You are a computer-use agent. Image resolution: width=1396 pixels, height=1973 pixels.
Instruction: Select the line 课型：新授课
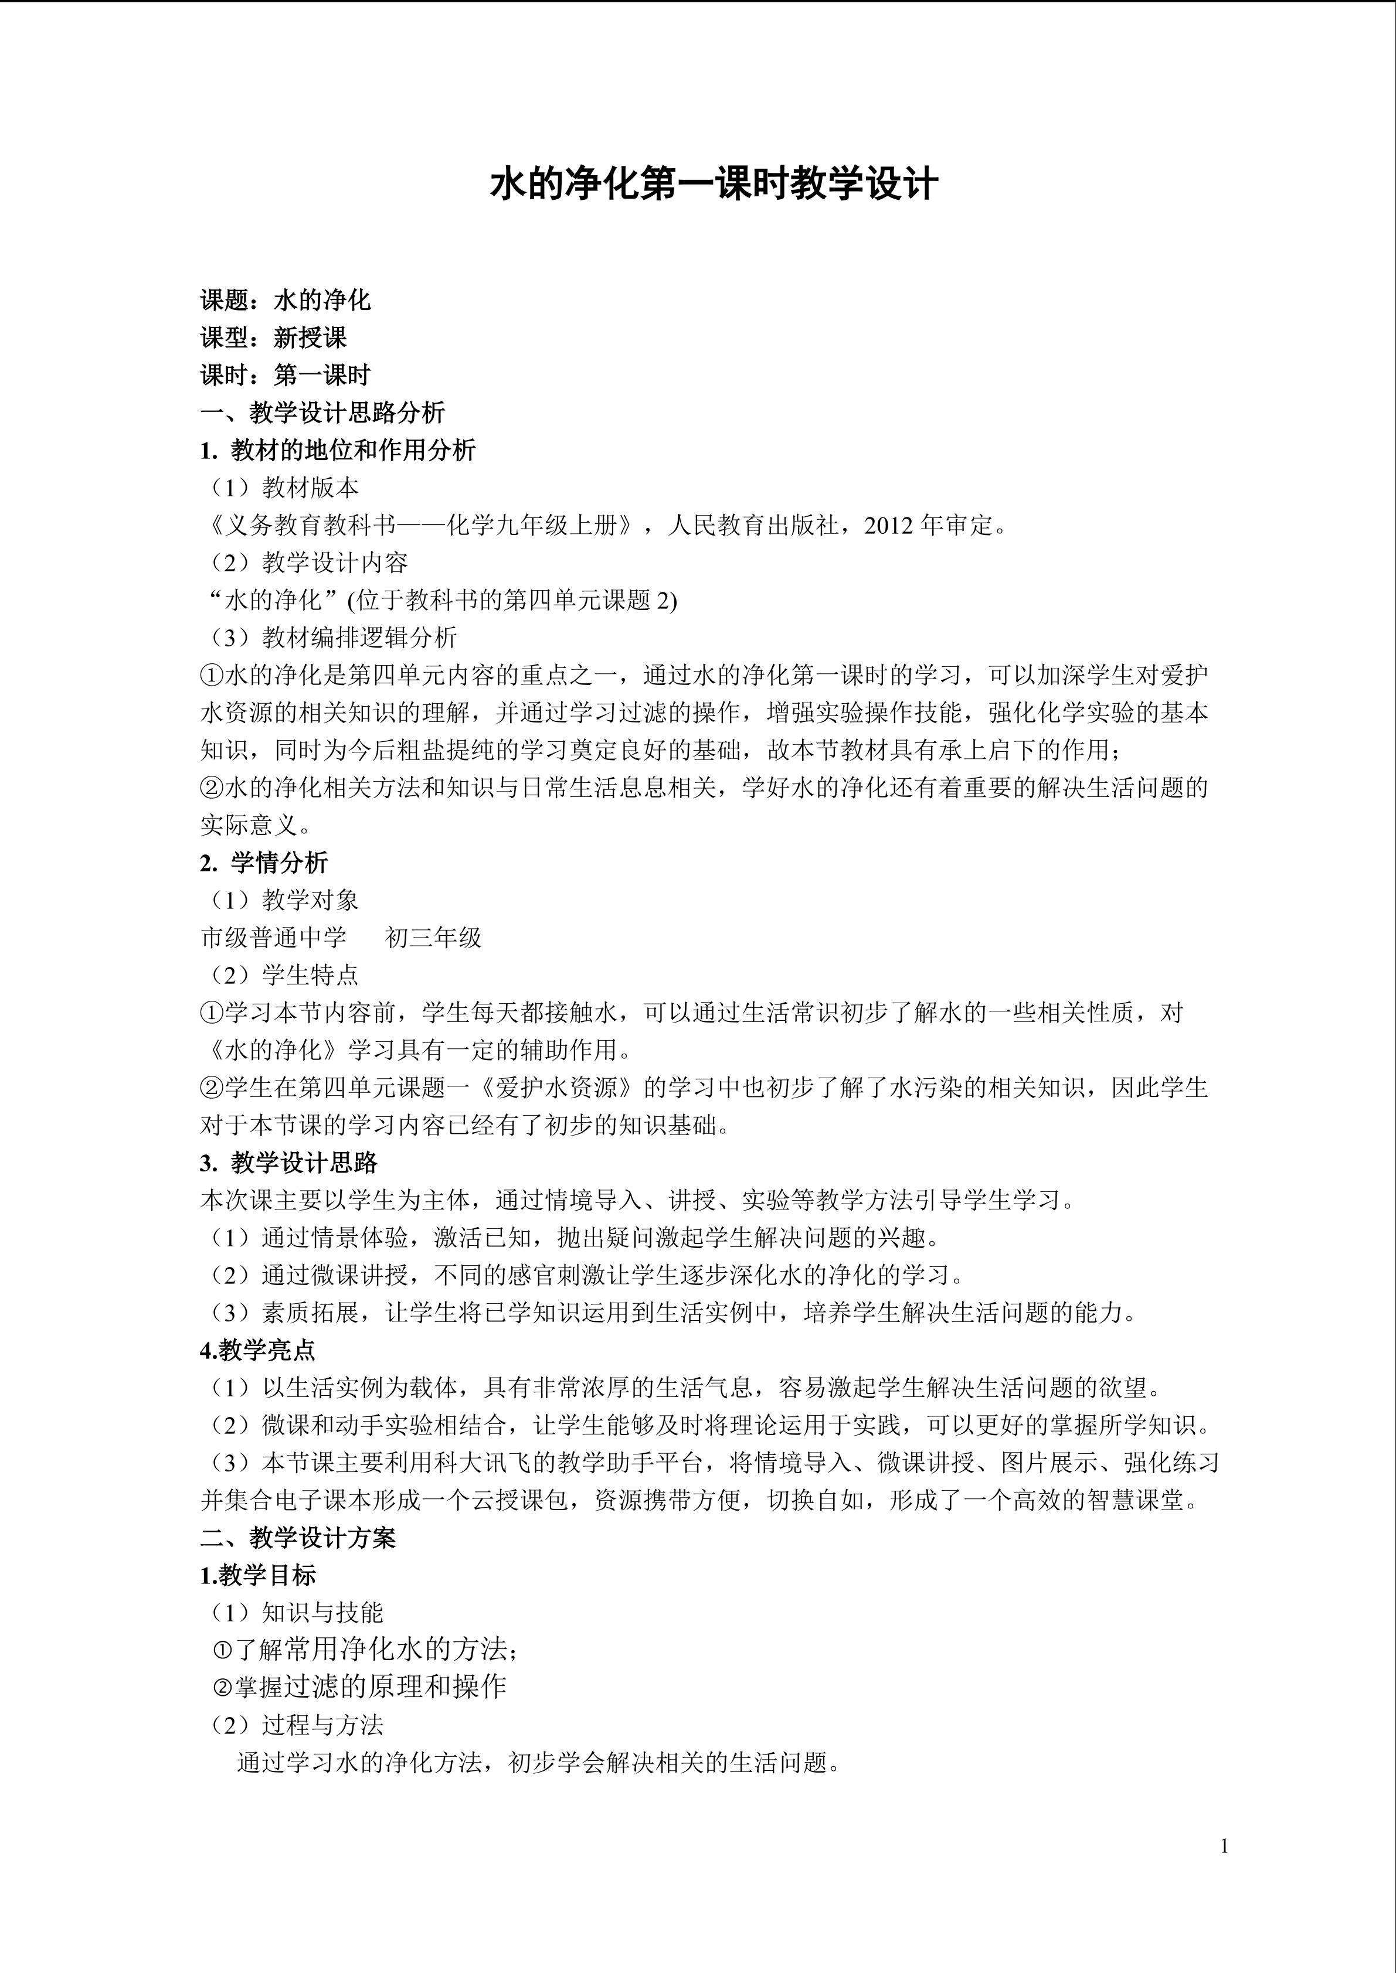pyautogui.click(x=273, y=338)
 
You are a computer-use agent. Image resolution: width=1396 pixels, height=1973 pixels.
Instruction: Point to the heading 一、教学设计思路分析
pyautogui.click(x=322, y=413)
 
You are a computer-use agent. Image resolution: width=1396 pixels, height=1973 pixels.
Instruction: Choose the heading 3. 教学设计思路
pyautogui.click(x=289, y=1163)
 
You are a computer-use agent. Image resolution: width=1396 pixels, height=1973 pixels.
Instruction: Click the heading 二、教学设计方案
pyautogui.click(x=298, y=1538)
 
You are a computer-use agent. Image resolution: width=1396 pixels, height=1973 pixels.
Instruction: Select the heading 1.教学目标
pyautogui.click(x=258, y=1575)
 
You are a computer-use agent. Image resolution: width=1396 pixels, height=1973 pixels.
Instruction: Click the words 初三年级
pyautogui.click(x=433, y=938)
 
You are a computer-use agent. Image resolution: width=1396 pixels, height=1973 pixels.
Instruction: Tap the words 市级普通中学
pyautogui.click(x=273, y=938)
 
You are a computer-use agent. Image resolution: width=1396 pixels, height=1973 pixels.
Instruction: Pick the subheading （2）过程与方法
pyautogui.click(x=297, y=1725)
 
